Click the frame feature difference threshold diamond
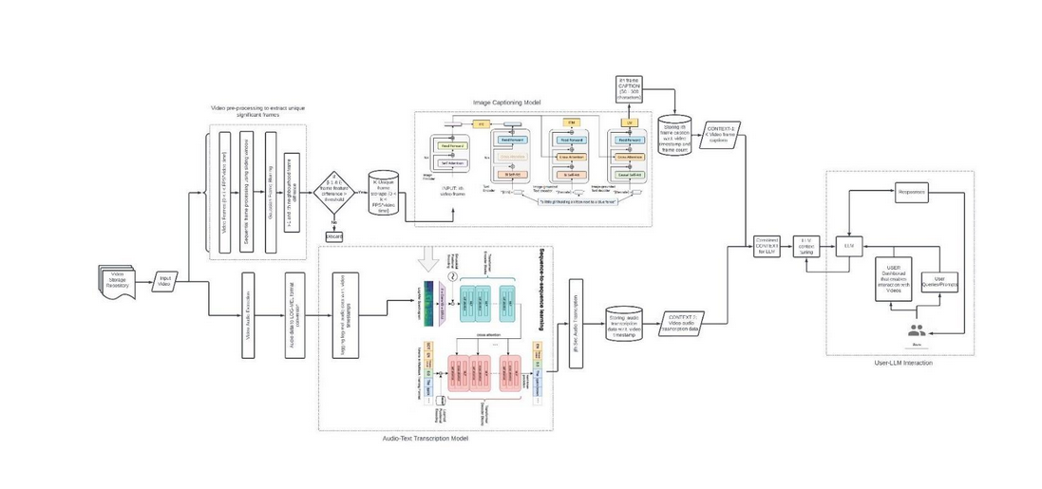[333, 184]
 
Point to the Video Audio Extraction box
[250, 313]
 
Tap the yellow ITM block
[570, 123]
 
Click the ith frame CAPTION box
[628, 89]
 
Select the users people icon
[917, 330]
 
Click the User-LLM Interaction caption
[903, 363]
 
